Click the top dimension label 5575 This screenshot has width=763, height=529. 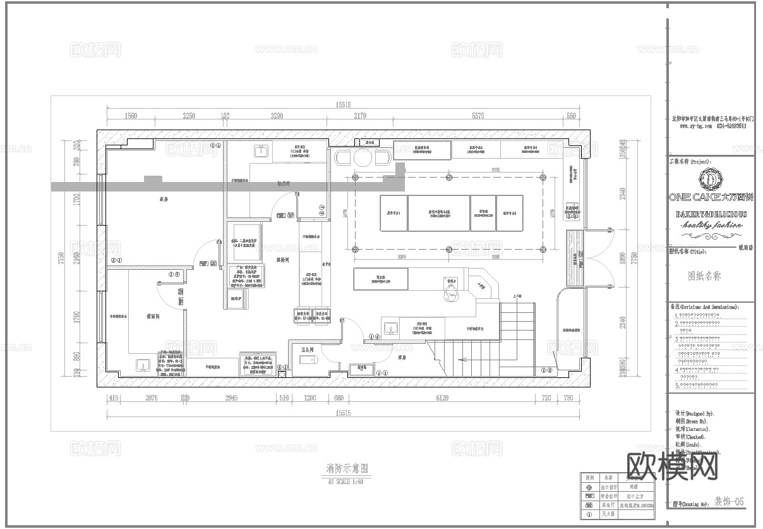(478, 116)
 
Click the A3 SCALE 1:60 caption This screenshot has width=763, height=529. (345, 482)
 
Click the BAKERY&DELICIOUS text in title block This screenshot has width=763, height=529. (711, 214)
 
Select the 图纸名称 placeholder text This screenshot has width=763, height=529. (704, 276)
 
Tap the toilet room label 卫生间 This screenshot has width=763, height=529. (307, 349)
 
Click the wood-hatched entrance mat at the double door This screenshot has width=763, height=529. (575, 258)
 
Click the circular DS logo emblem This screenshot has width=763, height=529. (711, 179)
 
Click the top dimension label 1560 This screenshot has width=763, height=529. (131, 116)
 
